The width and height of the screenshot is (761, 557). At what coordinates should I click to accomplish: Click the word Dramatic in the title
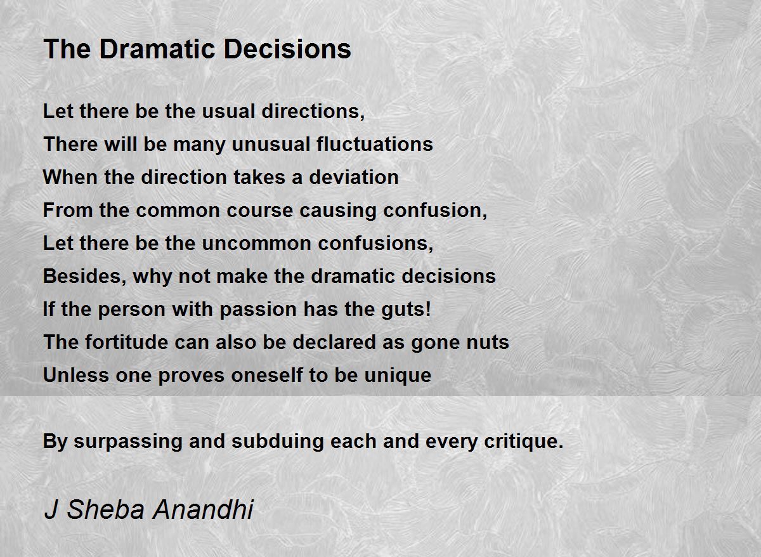point(157,49)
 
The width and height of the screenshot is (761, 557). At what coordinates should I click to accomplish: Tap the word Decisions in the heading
point(287,49)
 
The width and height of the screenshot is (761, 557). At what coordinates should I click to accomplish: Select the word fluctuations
point(375,144)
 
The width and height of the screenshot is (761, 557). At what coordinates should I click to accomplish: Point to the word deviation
point(354,177)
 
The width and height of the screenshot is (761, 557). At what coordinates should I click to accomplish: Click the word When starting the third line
point(70,177)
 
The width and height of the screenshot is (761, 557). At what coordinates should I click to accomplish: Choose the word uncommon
point(256,244)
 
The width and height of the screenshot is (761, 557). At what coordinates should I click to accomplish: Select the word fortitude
point(126,342)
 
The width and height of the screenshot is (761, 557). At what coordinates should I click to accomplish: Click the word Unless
point(75,375)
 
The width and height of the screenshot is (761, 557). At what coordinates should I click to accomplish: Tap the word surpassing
point(127,442)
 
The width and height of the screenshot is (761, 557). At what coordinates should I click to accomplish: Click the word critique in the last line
point(524,442)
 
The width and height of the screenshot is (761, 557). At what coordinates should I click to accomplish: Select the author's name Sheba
point(105,509)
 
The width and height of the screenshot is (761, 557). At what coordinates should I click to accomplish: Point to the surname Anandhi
point(203,509)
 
